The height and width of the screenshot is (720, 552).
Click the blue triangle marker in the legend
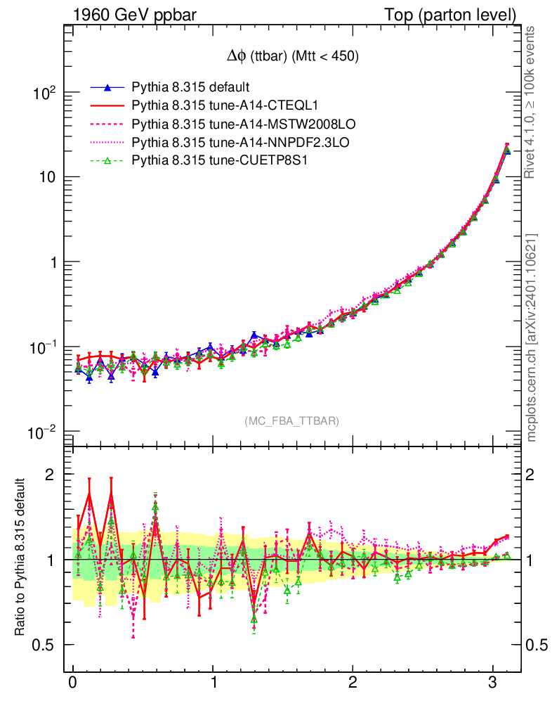coord(107,88)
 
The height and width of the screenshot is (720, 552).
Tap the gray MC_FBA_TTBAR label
coord(292,421)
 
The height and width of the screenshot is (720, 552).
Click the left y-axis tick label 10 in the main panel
coord(46,178)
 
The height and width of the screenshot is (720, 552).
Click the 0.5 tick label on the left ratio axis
coord(45,645)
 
